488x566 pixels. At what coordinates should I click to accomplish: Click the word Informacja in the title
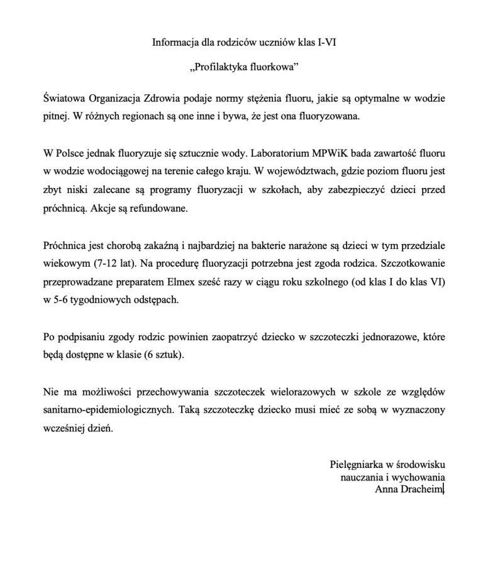[x=174, y=43]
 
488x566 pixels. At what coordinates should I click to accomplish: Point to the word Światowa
[x=65, y=99]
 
